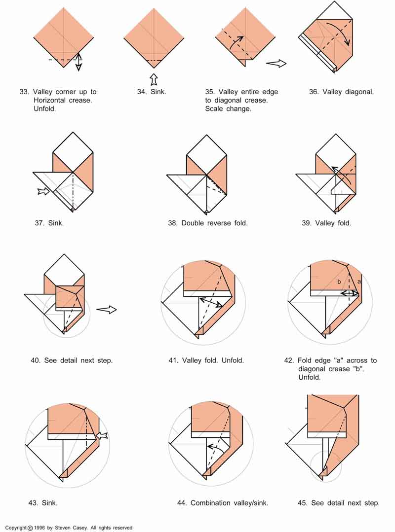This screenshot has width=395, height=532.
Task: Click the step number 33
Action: [x=24, y=92]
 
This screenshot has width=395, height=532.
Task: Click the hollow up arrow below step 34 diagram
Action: [x=154, y=79]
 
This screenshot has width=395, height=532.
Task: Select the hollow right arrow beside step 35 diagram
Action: [x=276, y=63]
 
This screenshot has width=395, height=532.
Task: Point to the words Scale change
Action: [x=228, y=109]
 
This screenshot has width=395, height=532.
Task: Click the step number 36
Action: [x=314, y=92]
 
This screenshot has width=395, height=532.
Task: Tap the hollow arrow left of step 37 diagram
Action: [x=43, y=191]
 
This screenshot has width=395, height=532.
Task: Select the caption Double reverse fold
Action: [x=214, y=223]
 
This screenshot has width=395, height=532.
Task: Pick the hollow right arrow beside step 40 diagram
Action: [x=106, y=310]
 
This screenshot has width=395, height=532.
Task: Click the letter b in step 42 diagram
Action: [x=339, y=282]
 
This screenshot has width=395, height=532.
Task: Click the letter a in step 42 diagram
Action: [x=359, y=281]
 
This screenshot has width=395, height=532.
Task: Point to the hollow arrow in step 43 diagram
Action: [x=102, y=435]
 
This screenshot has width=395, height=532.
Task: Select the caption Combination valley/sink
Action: [x=229, y=503]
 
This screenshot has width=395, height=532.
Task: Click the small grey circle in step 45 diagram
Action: [x=326, y=466]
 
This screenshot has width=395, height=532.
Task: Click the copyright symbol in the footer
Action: [x=31, y=528]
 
